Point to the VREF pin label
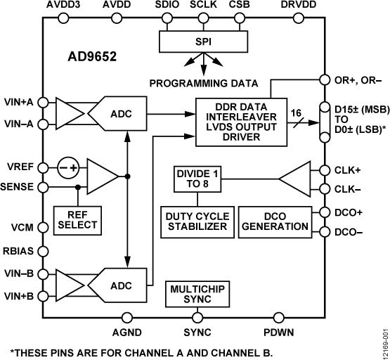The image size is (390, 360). point(20,168)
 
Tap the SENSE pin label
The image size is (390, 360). point(19,188)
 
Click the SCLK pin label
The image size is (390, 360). point(204,6)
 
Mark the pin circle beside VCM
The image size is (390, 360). point(44,229)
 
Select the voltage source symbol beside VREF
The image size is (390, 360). point(67,168)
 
